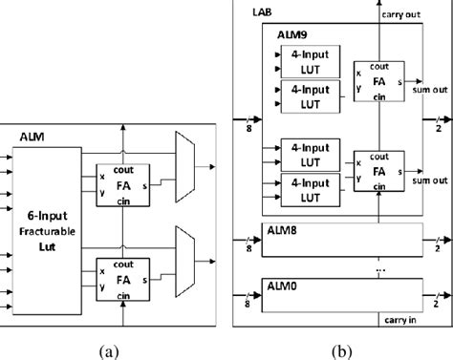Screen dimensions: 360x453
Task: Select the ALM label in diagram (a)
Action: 32,137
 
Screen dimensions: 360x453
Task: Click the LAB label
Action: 261,11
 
